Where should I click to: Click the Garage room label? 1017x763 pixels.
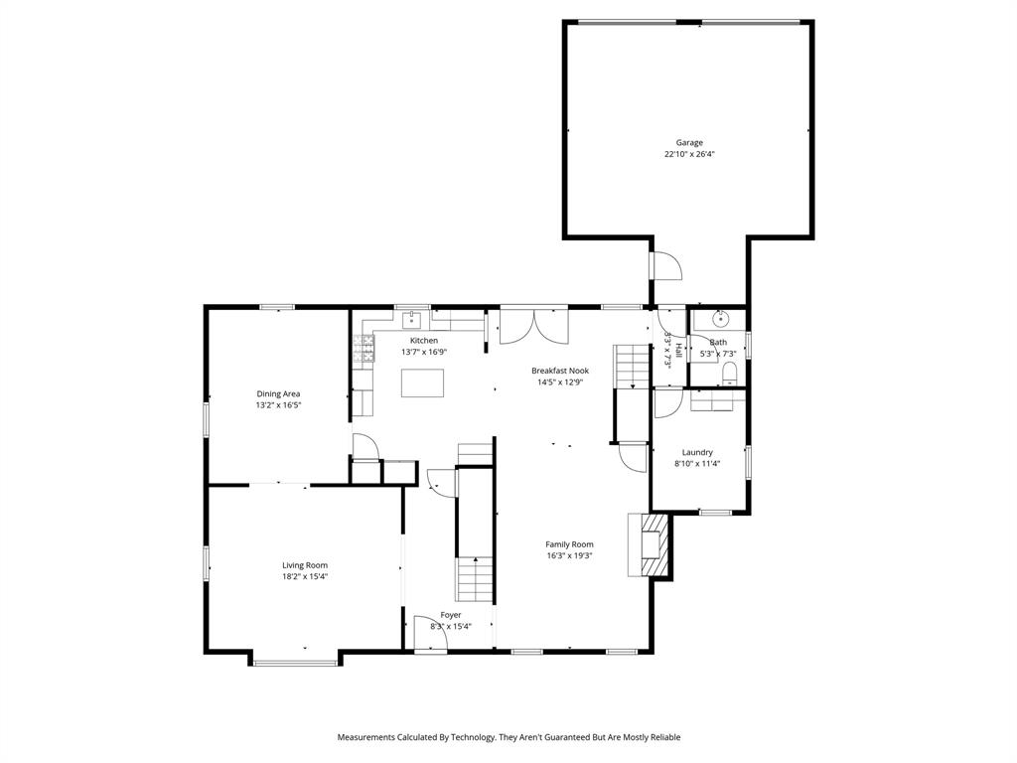[689, 142]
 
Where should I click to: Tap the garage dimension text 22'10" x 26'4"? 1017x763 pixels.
[689, 154]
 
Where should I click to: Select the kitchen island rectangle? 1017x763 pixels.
[422, 382]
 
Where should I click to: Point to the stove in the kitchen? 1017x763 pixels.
[363, 348]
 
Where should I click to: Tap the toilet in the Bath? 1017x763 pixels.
[730, 373]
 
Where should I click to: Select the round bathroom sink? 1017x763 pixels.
[720, 320]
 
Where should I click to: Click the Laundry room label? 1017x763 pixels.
[697, 452]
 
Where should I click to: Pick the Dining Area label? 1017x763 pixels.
[278, 393]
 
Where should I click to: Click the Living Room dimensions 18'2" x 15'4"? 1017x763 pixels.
[304, 576]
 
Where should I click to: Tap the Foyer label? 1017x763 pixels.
[451, 615]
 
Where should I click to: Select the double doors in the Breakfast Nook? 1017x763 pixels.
[533, 326]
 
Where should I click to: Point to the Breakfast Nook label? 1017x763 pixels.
[559, 371]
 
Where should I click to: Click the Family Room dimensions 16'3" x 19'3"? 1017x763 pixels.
[569, 555]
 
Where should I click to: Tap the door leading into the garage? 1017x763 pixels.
[663, 266]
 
